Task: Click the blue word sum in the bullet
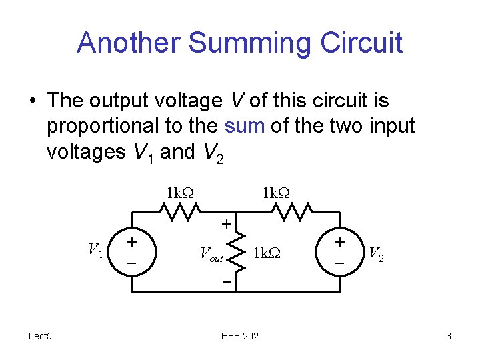pyautogui.click(x=246, y=125)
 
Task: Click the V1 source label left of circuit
pyautogui.click(x=96, y=251)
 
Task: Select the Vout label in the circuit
pyautogui.click(x=211, y=253)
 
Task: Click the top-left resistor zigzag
pyautogui.click(x=181, y=212)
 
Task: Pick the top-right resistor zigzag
pyautogui.click(x=288, y=212)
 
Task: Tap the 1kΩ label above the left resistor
pyautogui.click(x=180, y=193)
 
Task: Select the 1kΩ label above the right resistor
pyautogui.click(x=275, y=193)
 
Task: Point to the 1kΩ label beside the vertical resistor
pyautogui.click(x=267, y=253)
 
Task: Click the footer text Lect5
pyautogui.click(x=41, y=336)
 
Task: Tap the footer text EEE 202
pyautogui.click(x=239, y=337)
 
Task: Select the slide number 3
pyautogui.click(x=449, y=337)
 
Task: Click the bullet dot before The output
pyautogui.click(x=32, y=101)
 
